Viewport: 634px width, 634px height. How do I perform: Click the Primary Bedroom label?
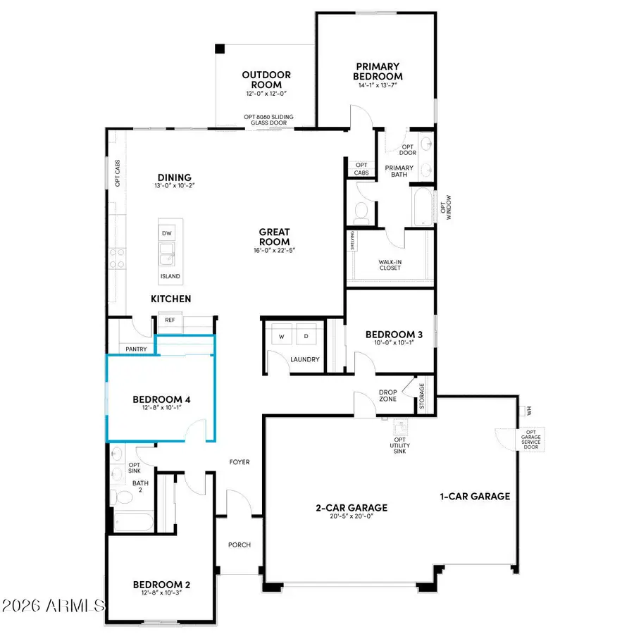[378, 71]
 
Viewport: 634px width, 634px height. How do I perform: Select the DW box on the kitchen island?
[167, 233]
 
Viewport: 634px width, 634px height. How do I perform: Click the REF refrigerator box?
[170, 320]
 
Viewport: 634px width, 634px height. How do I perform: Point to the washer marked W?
[281, 337]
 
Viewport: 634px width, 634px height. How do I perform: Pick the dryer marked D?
[306, 337]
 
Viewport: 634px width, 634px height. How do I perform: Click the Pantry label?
[135, 349]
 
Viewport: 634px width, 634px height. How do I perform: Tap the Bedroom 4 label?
[162, 400]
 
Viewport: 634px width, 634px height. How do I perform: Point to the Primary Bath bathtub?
[423, 206]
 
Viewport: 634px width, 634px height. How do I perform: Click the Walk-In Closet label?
[390, 263]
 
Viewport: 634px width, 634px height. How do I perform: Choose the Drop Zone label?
[387, 394]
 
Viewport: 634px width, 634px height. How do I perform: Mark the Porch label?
[239, 545]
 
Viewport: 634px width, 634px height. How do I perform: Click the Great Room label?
[274, 236]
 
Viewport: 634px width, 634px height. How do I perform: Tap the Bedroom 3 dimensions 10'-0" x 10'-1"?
[388, 344]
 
